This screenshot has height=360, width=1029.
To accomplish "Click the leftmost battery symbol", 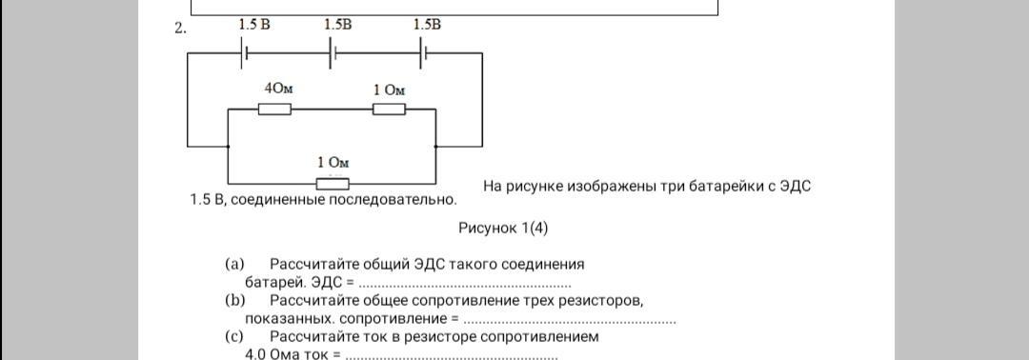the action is [243, 54].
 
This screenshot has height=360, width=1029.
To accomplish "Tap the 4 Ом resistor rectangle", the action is [274, 110].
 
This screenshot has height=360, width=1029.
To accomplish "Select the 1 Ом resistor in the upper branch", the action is [389, 110].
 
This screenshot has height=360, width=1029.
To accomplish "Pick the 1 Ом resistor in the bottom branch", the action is [333, 184].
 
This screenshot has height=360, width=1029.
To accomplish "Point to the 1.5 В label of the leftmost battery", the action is [254, 25].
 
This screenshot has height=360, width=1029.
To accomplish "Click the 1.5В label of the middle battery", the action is [338, 25].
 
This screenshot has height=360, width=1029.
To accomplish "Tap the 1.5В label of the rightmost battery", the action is [427, 25].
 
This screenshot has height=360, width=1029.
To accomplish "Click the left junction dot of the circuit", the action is [228, 147].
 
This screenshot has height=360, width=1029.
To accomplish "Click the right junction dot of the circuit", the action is [435, 147].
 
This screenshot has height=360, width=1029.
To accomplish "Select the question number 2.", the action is [180, 29].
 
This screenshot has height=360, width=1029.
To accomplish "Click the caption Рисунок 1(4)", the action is [503, 229].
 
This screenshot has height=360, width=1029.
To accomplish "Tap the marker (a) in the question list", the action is [234, 265].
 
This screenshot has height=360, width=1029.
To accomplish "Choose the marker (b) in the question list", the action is [234, 301].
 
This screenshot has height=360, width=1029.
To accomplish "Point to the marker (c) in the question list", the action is [234, 337].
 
